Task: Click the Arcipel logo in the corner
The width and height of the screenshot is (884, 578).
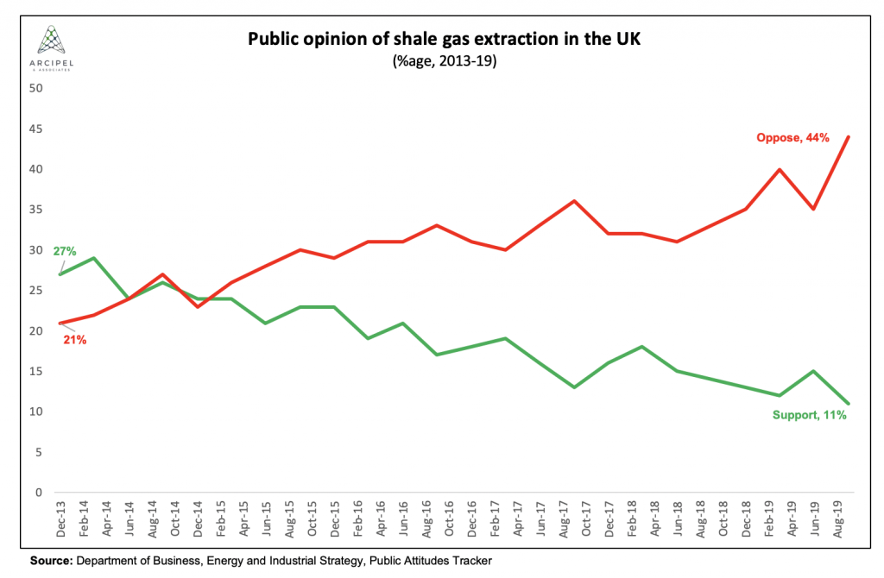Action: coord(54,47)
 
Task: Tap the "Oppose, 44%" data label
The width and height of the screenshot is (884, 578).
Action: coord(792,137)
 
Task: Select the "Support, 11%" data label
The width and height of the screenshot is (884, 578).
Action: coord(808,415)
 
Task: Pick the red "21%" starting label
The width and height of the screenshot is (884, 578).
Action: coord(73,340)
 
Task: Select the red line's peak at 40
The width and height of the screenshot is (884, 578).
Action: coord(780,169)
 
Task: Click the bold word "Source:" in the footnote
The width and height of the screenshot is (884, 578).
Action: coord(50,561)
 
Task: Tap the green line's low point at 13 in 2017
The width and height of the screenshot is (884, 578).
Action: coord(574,387)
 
